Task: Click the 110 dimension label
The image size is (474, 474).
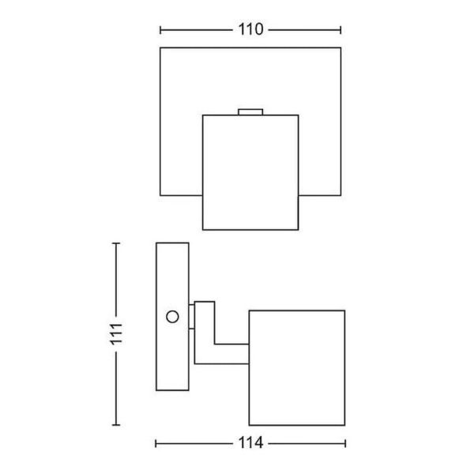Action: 250,30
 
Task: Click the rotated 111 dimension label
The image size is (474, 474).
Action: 116,335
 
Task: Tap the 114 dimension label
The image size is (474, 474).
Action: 250,444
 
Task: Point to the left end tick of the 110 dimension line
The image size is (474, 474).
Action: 160,30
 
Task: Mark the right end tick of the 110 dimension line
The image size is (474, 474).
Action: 341,30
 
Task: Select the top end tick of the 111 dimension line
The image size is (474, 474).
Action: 116,243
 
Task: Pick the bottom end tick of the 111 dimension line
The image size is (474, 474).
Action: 116,425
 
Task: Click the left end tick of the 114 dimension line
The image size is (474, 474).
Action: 156,443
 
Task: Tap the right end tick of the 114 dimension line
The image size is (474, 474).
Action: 345,443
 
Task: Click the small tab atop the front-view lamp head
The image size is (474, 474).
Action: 250,112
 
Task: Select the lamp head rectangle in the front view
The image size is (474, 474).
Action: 250,172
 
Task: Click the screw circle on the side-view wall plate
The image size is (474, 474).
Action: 171,317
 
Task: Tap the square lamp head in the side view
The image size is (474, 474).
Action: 297,367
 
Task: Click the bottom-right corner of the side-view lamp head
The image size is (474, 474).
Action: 345,425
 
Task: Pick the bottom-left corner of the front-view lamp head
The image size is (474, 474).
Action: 203,229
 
